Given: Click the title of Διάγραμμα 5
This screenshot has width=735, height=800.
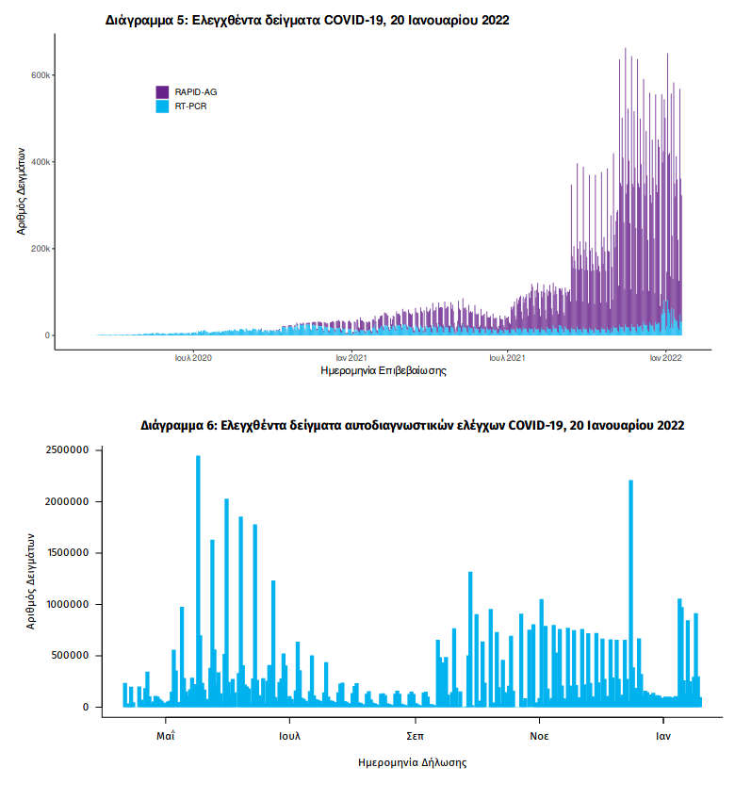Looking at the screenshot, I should [x=307, y=21].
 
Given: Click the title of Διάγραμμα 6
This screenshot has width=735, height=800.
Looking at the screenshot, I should [x=413, y=426].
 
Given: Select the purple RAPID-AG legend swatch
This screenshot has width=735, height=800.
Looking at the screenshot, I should [x=162, y=91].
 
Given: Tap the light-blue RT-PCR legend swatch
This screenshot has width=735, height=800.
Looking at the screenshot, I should [x=162, y=106].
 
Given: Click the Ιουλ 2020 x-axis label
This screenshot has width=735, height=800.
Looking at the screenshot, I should [x=193, y=358].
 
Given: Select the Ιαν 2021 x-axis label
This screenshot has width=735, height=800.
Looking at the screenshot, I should [x=351, y=358].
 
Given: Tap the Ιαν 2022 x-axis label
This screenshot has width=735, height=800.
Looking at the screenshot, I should [x=665, y=358].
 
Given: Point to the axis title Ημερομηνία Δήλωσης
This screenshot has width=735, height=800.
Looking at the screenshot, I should [x=413, y=761].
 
